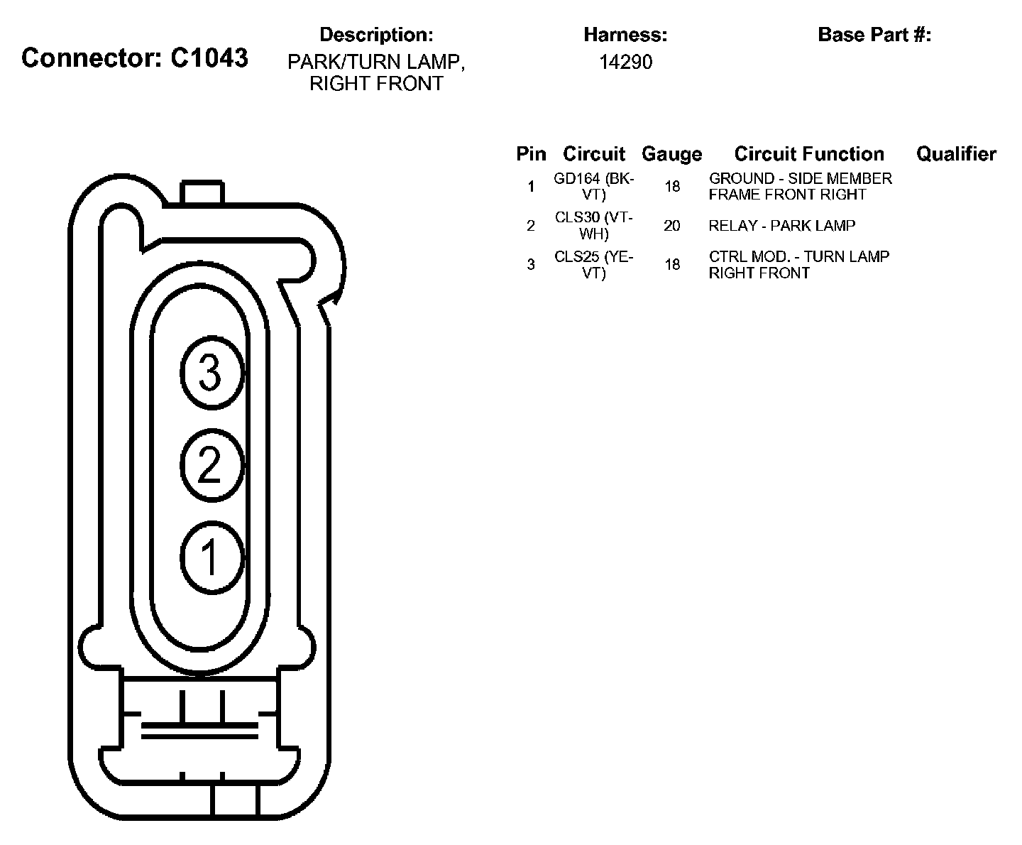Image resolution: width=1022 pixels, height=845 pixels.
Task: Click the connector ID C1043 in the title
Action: [209, 58]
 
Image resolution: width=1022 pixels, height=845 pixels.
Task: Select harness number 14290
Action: [625, 62]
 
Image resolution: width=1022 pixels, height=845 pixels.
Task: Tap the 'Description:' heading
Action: [376, 34]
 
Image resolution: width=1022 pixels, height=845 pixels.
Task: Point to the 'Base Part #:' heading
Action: [874, 34]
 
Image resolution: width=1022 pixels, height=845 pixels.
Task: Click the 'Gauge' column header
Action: [671, 154]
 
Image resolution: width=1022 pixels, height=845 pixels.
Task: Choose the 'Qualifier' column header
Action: [956, 154]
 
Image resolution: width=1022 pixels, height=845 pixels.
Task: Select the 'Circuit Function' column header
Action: [809, 154]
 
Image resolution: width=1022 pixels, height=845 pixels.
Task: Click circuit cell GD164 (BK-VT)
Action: [594, 187]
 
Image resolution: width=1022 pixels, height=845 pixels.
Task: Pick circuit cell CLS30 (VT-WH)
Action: [594, 226]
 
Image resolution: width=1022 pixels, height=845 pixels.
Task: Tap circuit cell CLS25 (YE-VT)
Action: [594, 265]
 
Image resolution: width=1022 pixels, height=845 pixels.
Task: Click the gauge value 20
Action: [671, 226]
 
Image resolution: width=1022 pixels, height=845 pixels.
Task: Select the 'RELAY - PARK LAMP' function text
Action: [782, 226]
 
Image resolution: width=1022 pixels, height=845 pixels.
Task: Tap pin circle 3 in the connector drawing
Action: [211, 371]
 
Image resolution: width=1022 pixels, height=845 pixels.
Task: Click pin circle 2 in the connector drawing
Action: [211, 465]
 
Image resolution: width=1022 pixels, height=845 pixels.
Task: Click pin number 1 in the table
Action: [531, 187]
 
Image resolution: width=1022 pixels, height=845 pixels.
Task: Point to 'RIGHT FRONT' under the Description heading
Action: [376, 84]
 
